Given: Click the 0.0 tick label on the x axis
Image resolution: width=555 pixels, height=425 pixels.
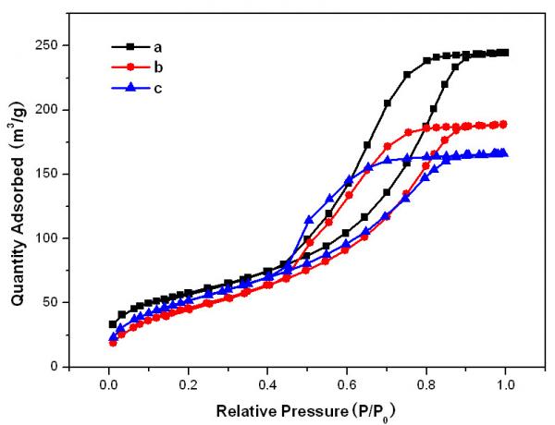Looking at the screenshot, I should coord(109,382).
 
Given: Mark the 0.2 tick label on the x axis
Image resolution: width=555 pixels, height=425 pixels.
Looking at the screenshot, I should coord(188,382).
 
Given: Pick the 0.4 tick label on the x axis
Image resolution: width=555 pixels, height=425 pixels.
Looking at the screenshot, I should coord(267,382).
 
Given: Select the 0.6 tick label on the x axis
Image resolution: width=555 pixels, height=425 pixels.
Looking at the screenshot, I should coord(347,382).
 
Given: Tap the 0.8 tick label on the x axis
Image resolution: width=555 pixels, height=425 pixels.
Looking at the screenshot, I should coord(426,382).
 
